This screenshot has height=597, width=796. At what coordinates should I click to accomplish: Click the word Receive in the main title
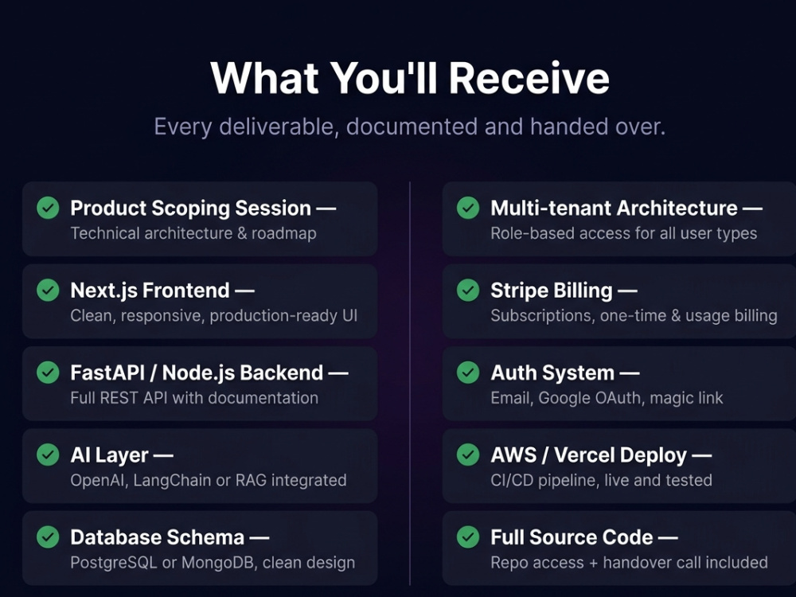[529, 78]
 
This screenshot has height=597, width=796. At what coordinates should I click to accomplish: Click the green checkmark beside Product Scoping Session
[49, 208]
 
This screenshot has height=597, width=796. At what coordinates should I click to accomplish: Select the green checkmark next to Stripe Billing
[468, 290]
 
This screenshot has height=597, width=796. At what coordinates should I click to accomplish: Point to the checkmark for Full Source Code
[468, 537]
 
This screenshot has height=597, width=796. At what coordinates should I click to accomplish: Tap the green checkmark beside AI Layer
[49, 455]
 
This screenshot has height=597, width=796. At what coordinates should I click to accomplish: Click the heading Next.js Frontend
[150, 291]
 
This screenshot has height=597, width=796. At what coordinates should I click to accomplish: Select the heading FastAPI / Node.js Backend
[197, 373]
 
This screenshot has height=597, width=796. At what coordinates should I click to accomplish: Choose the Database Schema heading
[158, 537]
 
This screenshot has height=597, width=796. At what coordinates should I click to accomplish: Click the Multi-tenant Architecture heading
[615, 208]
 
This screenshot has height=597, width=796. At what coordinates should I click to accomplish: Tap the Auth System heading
[552, 373]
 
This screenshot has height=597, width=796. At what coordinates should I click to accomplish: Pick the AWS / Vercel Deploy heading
[589, 455]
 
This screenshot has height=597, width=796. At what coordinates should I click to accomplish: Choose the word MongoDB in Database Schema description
[218, 563]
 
